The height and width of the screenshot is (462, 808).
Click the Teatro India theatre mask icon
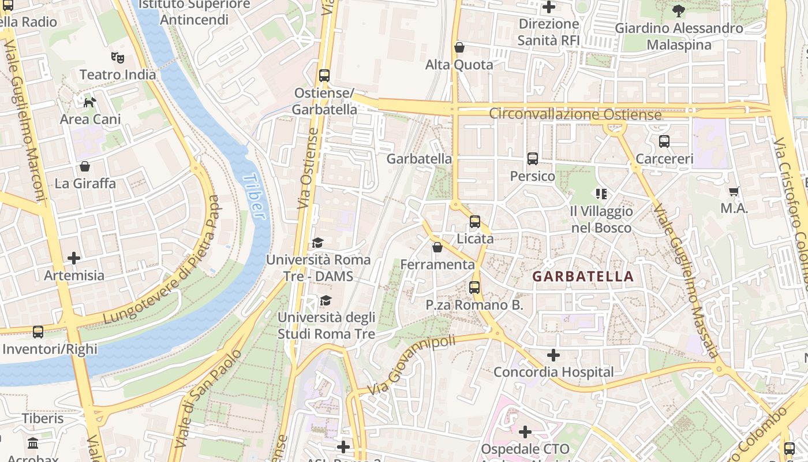[118, 57]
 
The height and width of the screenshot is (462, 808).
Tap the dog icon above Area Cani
[90, 102]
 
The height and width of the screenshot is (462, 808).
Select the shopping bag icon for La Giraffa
[85, 166]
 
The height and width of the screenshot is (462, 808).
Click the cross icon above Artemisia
[74, 258]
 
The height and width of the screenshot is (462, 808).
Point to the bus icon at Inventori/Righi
[38, 332]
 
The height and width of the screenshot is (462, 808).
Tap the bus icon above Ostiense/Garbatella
[324, 76]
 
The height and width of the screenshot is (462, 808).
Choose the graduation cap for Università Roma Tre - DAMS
[317, 243]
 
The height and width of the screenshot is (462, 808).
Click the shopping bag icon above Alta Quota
[459, 47]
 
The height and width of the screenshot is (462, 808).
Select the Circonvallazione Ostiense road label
[575, 114]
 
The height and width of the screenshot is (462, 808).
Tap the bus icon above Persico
[532, 159]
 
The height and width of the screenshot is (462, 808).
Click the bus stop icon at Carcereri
[664, 141]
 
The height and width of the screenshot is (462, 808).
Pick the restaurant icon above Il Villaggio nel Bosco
[601, 194]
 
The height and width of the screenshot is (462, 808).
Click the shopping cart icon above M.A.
[734, 191]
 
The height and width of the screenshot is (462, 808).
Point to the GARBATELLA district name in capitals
[583, 276]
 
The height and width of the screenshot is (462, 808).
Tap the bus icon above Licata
[474, 221]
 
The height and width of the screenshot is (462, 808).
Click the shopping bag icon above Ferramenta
[437, 247]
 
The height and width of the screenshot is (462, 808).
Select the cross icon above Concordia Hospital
[553, 355]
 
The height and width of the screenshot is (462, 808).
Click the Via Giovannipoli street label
[412, 366]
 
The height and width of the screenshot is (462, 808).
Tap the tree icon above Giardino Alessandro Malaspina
[678, 10]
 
